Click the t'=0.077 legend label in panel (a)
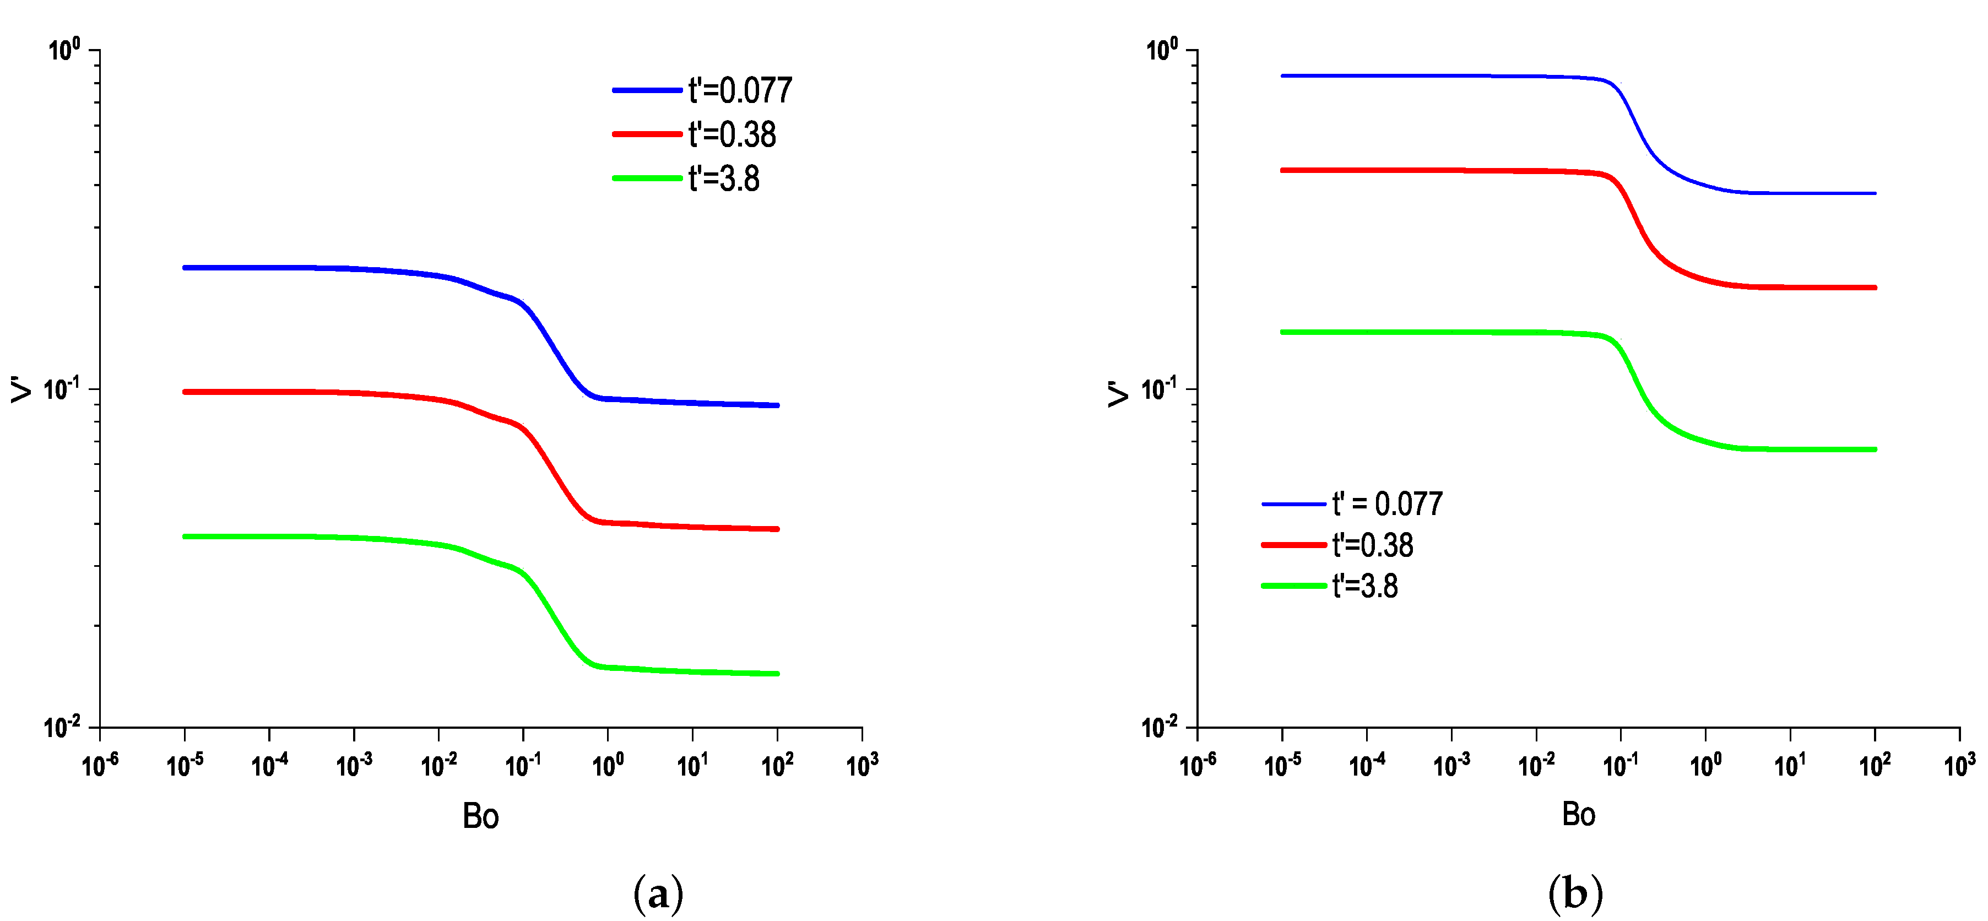click(739, 91)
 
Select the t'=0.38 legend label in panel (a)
click(732, 135)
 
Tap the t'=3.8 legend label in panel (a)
click(723, 179)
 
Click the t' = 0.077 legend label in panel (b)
click(1387, 504)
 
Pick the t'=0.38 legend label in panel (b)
click(1372, 545)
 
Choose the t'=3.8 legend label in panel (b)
click(1364, 586)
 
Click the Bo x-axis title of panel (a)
click(480, 816)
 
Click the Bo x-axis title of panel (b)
click(1578, 815)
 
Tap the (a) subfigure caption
click(658, 894)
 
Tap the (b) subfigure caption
click(1575, 894)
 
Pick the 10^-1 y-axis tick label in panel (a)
click(61, 388)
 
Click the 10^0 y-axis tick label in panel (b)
click(1162, 50)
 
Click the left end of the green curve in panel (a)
click(185, 536)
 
